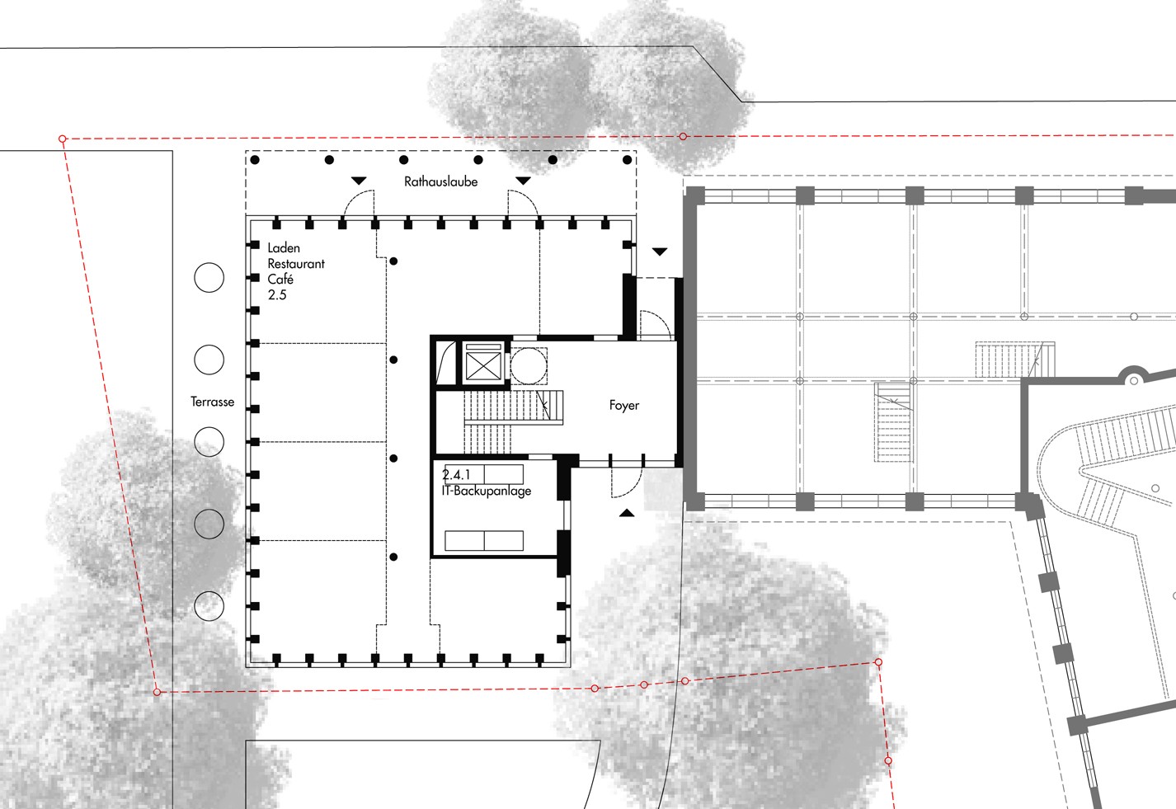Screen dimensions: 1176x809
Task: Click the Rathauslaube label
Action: pyautogui.click(x=441, y=181)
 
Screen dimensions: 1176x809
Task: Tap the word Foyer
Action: pyautogui.click(x=624, y=405)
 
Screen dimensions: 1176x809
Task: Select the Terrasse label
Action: pyautogui.click(x=212, y=402)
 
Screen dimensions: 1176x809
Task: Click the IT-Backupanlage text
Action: pyautogui.click(x=486, y=491)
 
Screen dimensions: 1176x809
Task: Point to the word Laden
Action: pyautogui.click(x=284, y=247)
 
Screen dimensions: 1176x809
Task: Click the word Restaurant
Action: pyautogui.click(x=296, y=264)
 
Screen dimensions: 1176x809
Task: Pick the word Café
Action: pyautogui.click(x=280, y=279)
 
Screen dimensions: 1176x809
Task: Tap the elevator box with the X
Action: pyautogui.click(x=483, y=361)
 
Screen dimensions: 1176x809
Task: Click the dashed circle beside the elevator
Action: pyautogui.click(x=529, y=366)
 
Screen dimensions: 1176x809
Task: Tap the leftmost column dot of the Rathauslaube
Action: pyautogui.click(x=255, y=160)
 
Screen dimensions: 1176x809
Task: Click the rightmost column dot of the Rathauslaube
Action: pyautogui.click(x=627, y=160)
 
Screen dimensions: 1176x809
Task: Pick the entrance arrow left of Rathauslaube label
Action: pyautogui.click(x=359, y=181)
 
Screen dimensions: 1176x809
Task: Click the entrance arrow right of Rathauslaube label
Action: pyautogui.click(x=523, y=181)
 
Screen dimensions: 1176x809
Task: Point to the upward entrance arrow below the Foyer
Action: pyautogui.click(x=626, y=513)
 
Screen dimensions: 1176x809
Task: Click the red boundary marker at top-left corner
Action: pyautogui.click(x=63, y=139)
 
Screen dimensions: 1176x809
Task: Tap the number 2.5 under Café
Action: pyautogui.click(x=277, y=295)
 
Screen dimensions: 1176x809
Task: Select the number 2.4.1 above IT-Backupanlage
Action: pyautogui.click(x=456, y=475)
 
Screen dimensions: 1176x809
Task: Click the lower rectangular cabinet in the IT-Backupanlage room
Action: pyautogui.click(x=484, y=540)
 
